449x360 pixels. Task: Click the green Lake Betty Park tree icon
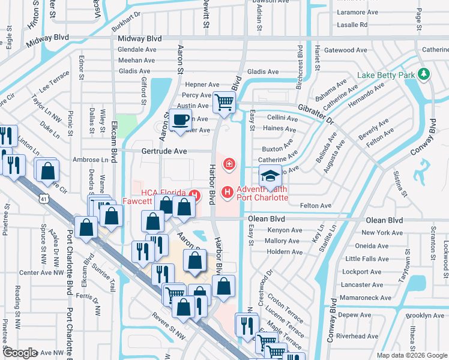click(x=424, y=74)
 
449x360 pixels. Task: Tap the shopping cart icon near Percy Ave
click(x=224, y=102)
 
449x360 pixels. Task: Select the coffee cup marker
click(x=181, y=119)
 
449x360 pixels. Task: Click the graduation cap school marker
click(x=270, y=175)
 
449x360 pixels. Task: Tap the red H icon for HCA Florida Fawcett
click(x=194, y=193)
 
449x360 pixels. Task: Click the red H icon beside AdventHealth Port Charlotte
click(x=228, y=193)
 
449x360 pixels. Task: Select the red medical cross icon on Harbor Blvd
click(x=229, y=163)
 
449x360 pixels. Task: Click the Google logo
click(x=20, y=353)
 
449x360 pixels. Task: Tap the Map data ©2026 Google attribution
click(x=411, y=355)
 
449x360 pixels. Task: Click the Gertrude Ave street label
click(x=164, y=151)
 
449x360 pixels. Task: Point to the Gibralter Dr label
click(x=317, y=112)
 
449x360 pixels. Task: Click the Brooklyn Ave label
click(x=424, y=315)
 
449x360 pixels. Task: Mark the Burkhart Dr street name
click(x=125, y=22)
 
